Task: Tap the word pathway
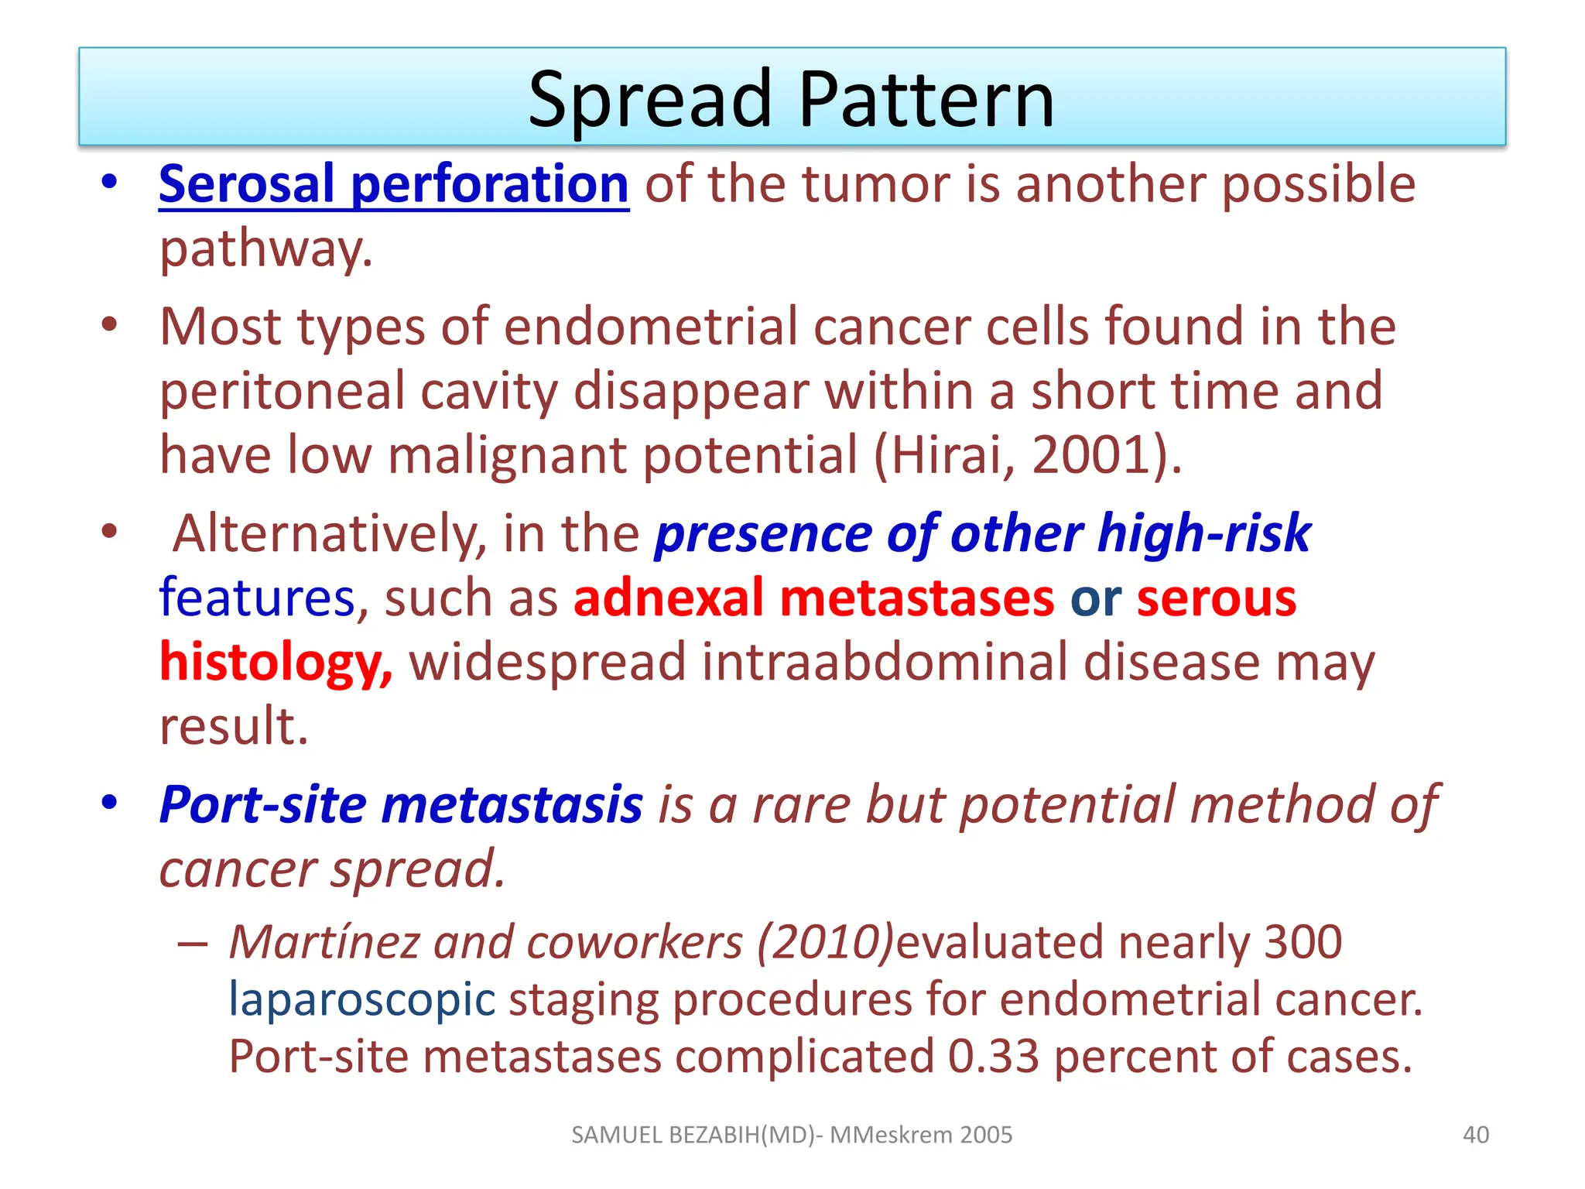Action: (x=265, y=249)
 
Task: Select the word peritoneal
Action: (x=282, y=390)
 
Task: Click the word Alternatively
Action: (x=328, y=534)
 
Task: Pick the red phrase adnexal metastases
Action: (x=813, y=598)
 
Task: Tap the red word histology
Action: (x=276, y=663)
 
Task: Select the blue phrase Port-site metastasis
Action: (x=400, y=805)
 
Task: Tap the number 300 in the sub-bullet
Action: (x=1303, y=942)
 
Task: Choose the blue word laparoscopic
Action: (x=361, y=999)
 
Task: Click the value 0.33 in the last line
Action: (x=993, y=1057)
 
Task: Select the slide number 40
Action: (x=1475, y=1135)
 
